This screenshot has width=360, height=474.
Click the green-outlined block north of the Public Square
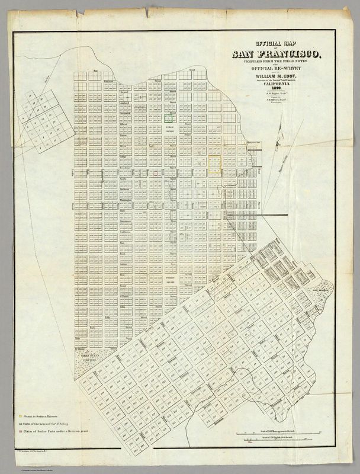[x=169, y=118]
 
